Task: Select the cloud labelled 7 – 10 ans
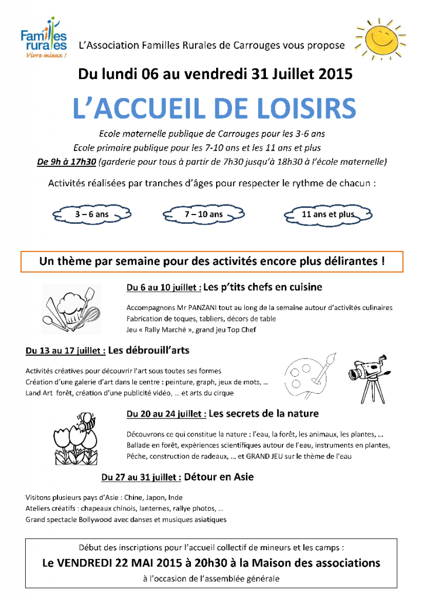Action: [x=203, y=215]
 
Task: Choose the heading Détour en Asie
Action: [x=218, y=477]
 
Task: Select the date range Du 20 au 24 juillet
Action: [x=166, y=414]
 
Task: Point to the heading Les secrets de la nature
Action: [x=264, y=414]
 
